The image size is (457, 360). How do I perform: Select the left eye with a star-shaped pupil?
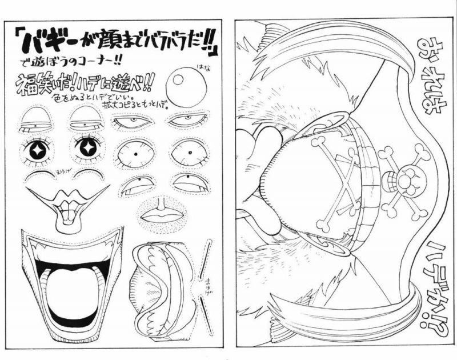point(38,149)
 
